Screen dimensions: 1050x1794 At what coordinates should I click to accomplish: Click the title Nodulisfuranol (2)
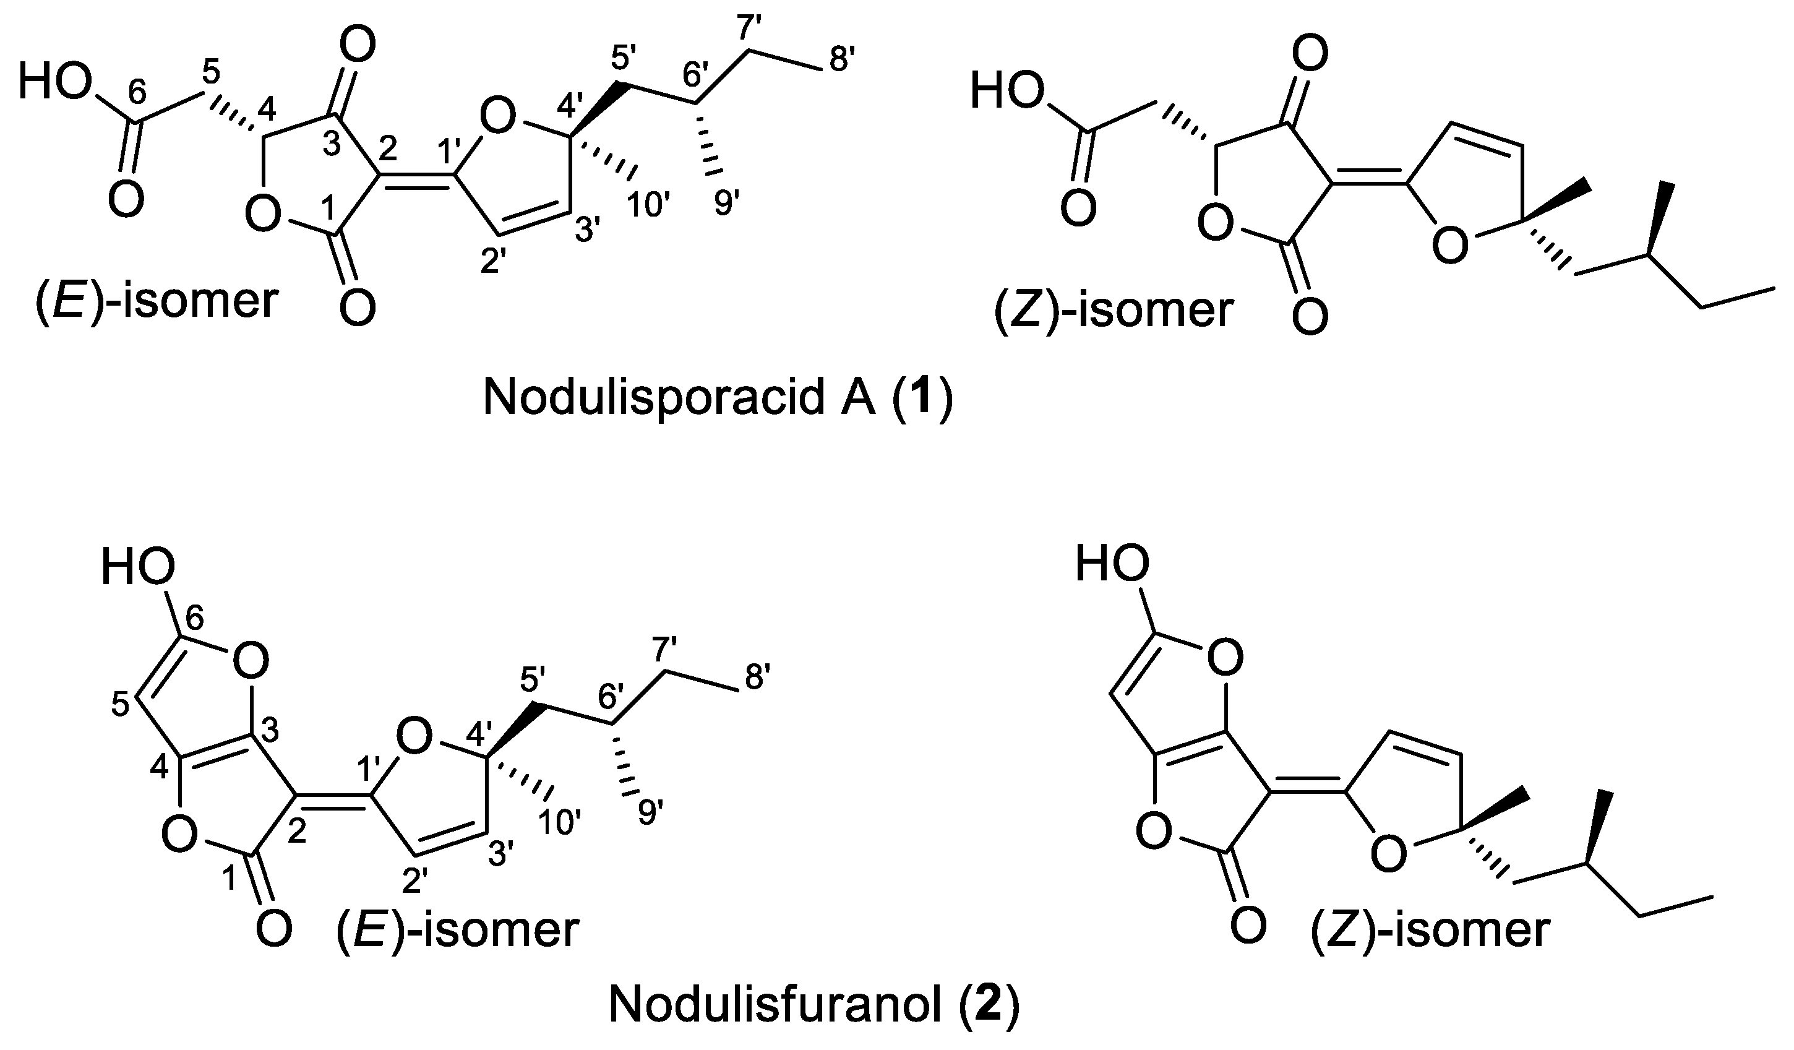(813, 1007)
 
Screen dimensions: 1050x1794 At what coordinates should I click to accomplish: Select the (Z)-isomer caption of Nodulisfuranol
(1430, 931)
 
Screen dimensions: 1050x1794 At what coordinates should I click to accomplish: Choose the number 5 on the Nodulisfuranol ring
(121, 705)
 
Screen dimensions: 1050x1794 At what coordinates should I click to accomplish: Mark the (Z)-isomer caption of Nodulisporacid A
(1113, 311)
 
